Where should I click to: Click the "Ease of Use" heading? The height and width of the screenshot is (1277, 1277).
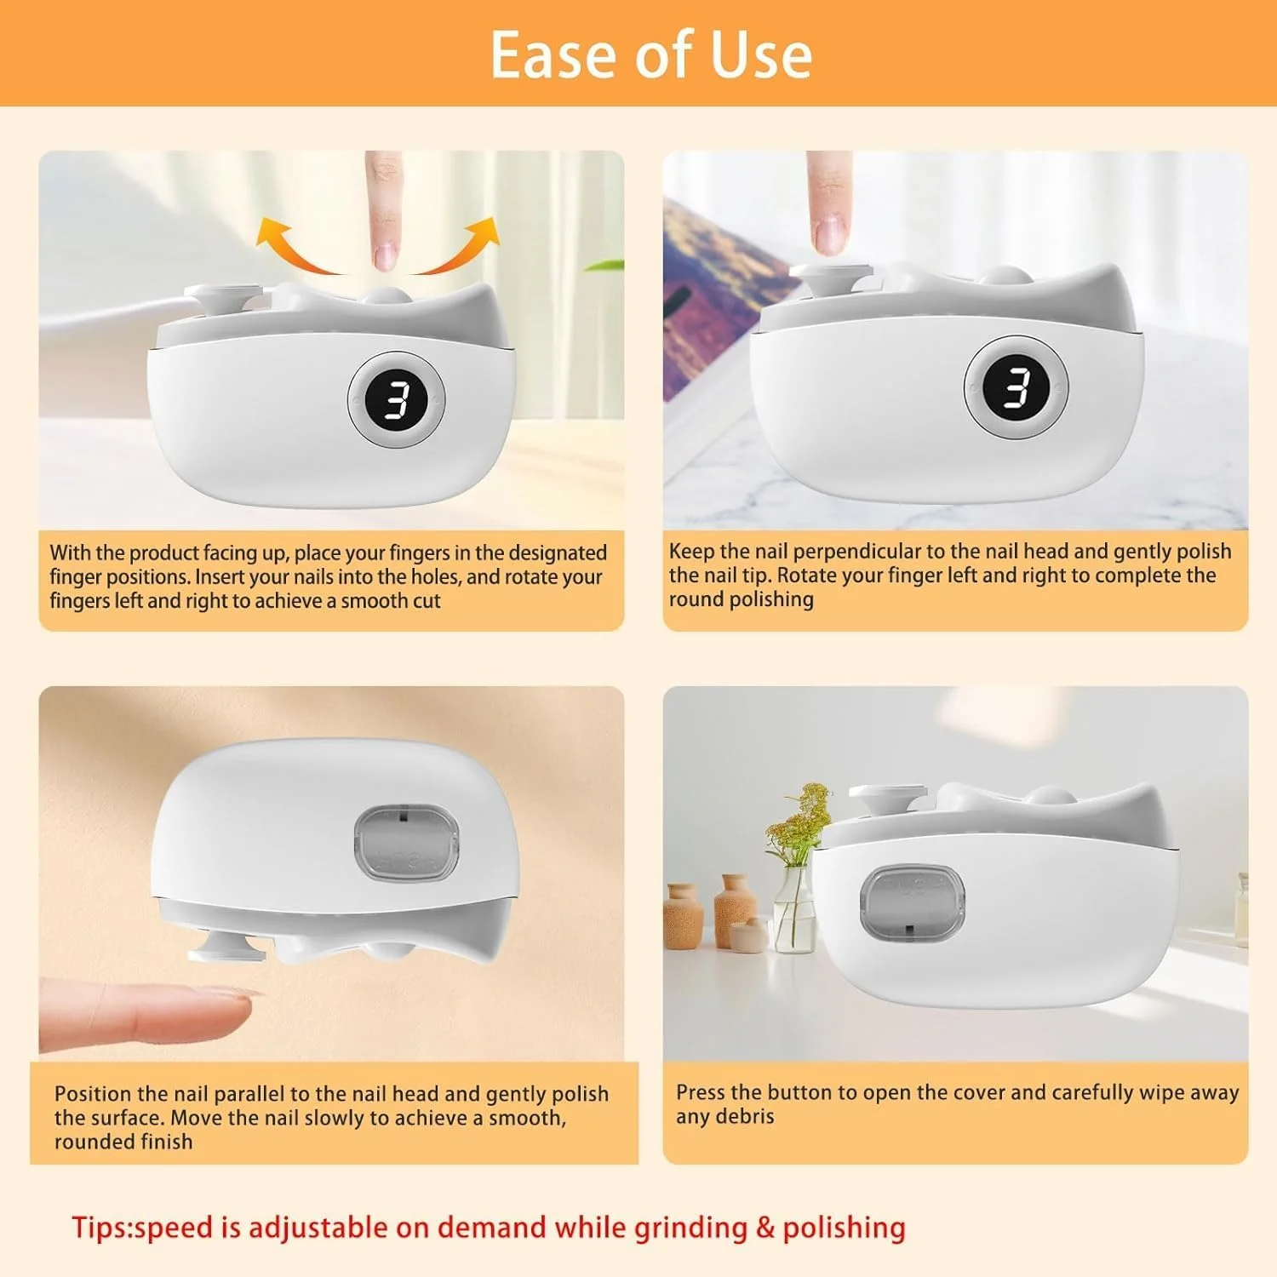point(651,54)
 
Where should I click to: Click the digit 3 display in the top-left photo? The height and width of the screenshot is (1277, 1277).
point(397,398)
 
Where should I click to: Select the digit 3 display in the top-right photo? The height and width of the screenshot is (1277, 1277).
point(1016,388)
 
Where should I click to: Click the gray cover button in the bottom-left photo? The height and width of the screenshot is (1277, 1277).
point(406,844)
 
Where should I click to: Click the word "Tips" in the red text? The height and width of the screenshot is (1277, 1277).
point(100,1228)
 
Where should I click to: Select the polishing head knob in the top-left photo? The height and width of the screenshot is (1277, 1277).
point(223,298)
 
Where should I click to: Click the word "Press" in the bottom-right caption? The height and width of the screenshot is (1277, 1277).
point(701,1092)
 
